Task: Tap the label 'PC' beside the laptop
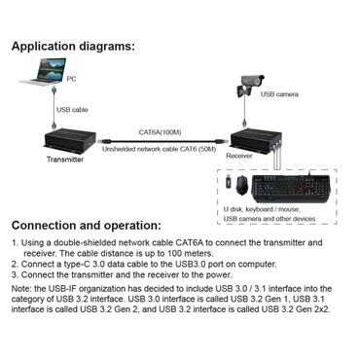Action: point(72,79)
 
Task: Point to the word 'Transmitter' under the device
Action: point(65,160)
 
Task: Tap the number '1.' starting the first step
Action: point(15,241)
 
